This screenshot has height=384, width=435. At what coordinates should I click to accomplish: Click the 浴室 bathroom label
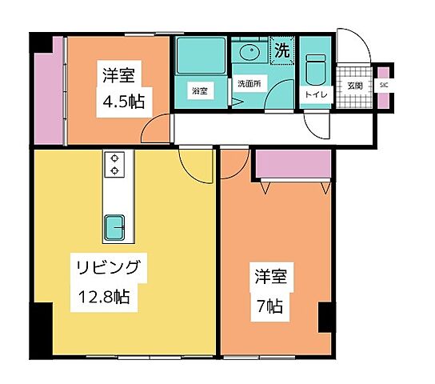click(200, 90)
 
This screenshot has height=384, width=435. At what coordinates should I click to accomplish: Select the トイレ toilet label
click(314, 94)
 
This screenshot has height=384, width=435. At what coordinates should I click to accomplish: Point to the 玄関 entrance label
click(355, 85)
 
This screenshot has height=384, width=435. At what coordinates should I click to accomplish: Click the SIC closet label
click(383, 84)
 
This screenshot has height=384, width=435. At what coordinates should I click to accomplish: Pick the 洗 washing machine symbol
click(281, 50)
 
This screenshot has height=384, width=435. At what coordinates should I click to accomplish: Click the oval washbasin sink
click(249, 54)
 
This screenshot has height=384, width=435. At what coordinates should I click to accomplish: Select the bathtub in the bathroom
click(201, 57)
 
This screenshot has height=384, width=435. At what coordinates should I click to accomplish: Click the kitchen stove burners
click(115, 164)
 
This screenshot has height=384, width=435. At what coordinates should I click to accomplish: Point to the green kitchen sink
click(115, 228)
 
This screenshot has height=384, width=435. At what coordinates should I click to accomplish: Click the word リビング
click(111, 267)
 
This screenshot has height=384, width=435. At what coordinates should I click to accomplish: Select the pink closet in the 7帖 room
click(293, 164)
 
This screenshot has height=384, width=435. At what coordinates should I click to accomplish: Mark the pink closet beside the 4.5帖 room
click(49, 90)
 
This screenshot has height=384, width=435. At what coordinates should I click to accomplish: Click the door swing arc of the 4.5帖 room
click(157, 128)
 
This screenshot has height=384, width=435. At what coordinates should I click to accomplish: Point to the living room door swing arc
click(195, 166)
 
